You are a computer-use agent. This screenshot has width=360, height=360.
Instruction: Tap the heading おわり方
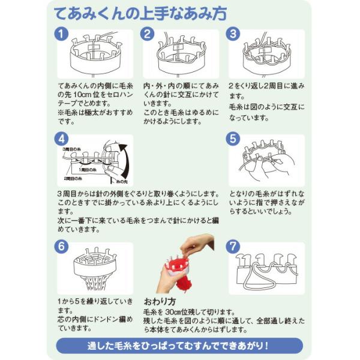click(160, 300)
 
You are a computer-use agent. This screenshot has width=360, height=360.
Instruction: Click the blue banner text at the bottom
click(180, 346)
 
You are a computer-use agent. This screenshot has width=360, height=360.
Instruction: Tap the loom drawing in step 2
click(181, 54)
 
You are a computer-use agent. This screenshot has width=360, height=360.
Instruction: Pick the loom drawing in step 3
click(267, 54)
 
